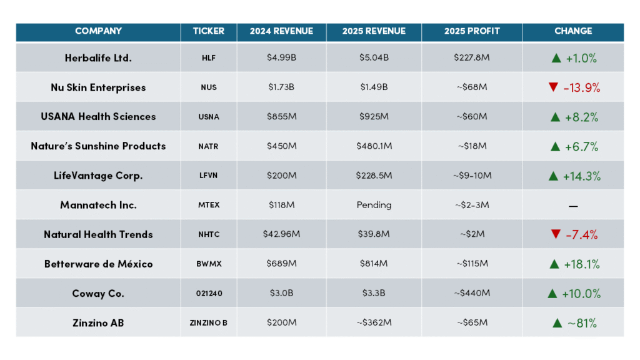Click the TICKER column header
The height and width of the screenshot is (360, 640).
click(x=209, y=31)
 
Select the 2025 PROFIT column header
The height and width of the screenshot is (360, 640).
click(x=472, y=31)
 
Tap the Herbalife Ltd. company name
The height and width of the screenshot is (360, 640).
click(x=98, y=58)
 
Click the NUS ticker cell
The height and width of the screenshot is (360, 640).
click(x=209, y=87)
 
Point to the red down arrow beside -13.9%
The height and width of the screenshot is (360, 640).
click(x=553, y=87)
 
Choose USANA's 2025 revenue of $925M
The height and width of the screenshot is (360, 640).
click(x=374, y=117)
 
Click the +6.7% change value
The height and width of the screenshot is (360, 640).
click(x=581, y=146)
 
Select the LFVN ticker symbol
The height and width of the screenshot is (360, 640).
click(x=209, y=176)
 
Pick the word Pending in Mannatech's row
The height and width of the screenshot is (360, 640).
click(x=374, y=205)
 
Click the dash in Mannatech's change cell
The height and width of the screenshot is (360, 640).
click(x=573, y=206)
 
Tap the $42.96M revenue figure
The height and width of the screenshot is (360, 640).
click(x=281, y=234)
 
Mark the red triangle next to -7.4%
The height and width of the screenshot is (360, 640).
click(x=556, y=234)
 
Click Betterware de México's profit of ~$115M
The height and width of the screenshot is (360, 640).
click(x=472, y=264)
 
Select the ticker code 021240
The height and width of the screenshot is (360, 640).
click(x=209, y=294)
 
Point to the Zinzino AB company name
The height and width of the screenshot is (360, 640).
click(x=98, y=323)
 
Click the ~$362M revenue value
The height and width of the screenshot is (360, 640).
click(x=374, y=322)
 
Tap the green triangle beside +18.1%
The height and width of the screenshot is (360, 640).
click(x=554, y=264)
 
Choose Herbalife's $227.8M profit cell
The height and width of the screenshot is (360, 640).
click(x=472, y=57)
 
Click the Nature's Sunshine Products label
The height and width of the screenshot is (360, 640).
click(x=98, y=146)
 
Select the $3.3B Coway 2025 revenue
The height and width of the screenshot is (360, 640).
click(x=374, y=293)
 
